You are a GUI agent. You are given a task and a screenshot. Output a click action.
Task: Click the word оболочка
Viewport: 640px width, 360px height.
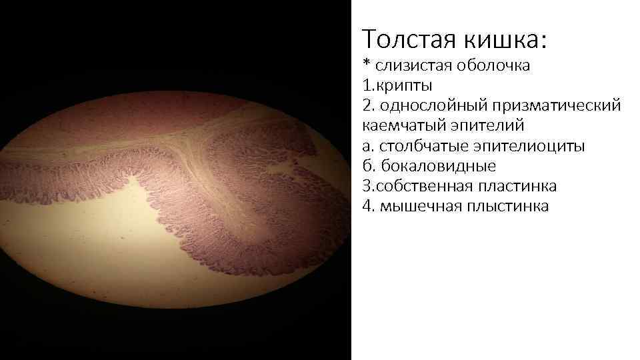coord(494,65)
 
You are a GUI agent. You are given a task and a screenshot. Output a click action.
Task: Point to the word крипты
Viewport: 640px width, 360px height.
coord(405,85)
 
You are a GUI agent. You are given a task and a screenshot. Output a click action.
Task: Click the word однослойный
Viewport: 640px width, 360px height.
coord(426,105)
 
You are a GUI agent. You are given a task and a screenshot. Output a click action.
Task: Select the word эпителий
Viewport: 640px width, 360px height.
coord(477,125)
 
